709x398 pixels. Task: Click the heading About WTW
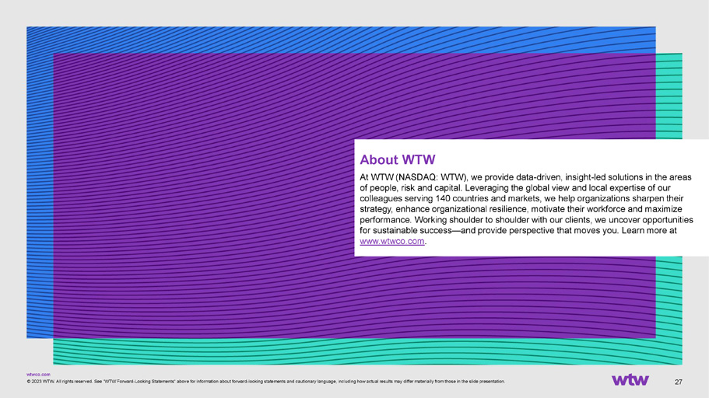[398, 159]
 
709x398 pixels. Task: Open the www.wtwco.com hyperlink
[392, 241]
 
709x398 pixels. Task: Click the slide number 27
[678, 382]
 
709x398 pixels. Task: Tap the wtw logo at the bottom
[630, 379]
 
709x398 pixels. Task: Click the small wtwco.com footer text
[38, 375]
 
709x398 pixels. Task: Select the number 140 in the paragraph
[443, 198]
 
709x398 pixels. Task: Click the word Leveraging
[486, 188]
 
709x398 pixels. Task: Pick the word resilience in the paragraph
[508, 209]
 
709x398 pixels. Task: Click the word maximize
[663, 209]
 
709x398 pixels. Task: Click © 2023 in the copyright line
[34, 382]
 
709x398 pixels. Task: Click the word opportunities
[668, 220]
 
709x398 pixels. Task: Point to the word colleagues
[381, 199]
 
